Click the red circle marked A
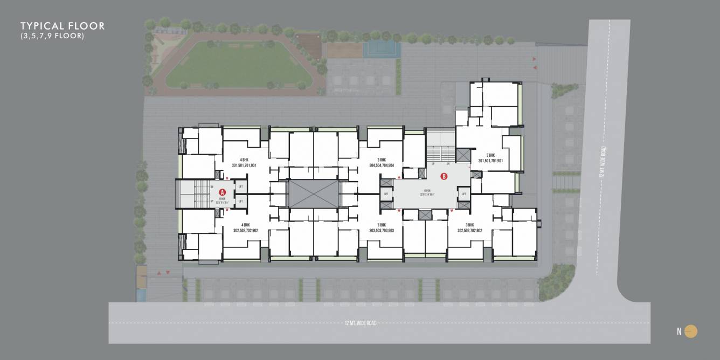coord(221,192)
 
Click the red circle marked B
coord(444,176)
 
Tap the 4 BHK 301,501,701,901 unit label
coord(244,163)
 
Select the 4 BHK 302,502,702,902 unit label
coord(246,227)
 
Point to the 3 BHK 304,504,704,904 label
coord(382,163)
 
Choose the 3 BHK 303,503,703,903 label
coord(382,227)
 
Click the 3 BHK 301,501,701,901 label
coord(490,157)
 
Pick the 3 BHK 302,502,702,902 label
coord(469,227)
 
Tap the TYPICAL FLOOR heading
coord(63,26)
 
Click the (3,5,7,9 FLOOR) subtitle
coord(52,36)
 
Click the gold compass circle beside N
coord(691,331)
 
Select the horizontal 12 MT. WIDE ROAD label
coord(361,323)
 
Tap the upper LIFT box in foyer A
coord(240,186)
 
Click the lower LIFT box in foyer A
coord(240,201)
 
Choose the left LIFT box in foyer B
coord(386,194)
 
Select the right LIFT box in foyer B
coord(463,194)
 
